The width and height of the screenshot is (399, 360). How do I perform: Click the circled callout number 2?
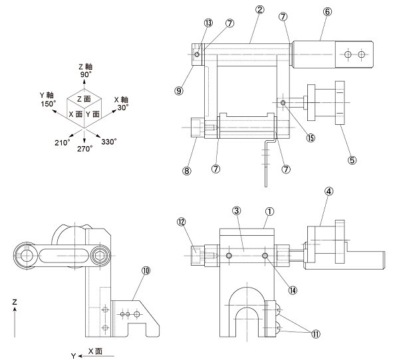click(x=259, y=10)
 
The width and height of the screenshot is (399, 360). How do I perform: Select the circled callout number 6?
click(x=327, y=12)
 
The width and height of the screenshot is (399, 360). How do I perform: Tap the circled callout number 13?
click(x=208, y=23)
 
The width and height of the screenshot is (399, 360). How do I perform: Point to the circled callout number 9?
click(x=179, y=91)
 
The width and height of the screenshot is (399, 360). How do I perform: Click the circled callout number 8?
click(x=186, y=171)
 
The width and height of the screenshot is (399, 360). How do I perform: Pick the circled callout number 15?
click(x=311, y=138)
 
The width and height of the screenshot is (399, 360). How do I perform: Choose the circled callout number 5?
click(x=352, y=160)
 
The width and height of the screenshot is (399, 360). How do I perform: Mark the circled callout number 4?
click(x=329, y=191)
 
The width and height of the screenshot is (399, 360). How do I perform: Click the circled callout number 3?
click(x=237, y=211)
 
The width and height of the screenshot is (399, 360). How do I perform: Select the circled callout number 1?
click(x=269, y=211)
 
